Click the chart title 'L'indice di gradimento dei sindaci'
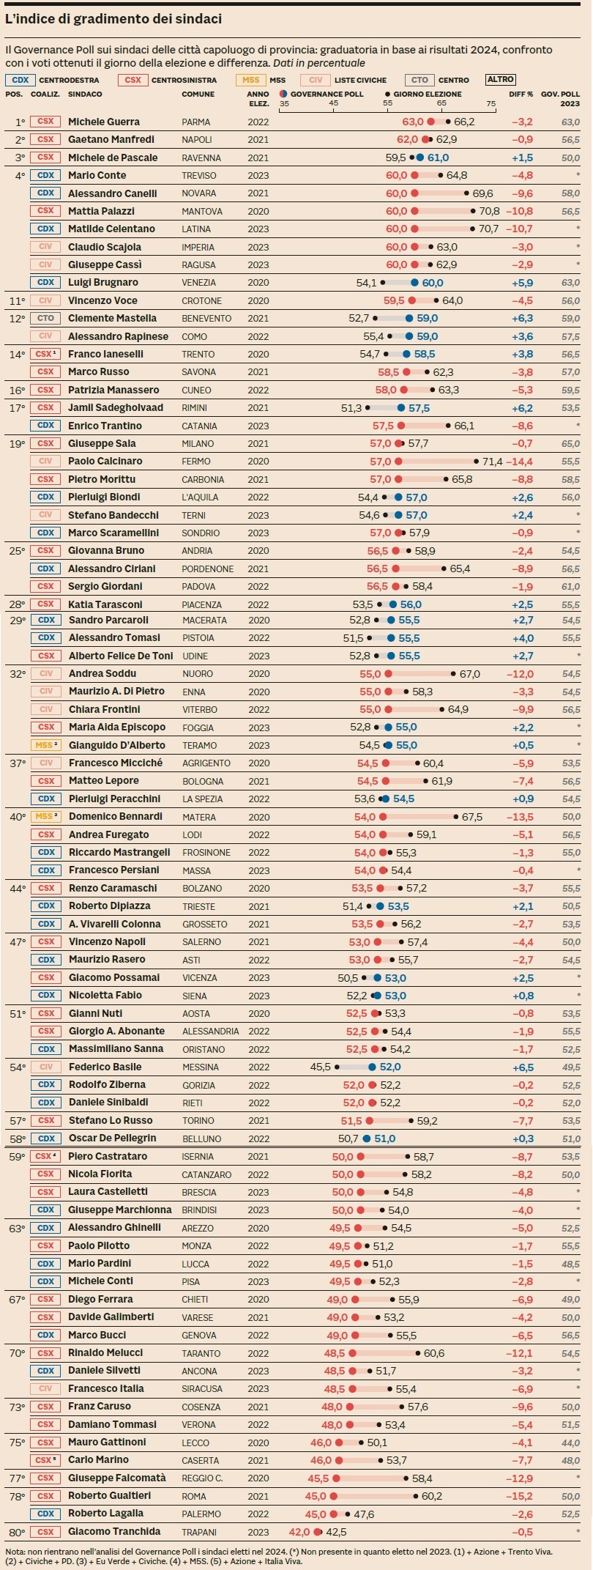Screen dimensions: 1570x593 pyautogui.click(x=113, y=19)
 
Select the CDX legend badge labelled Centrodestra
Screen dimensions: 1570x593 pyautogui.click(x=20, y=80)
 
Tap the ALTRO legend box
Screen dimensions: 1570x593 pyautogui.click(x=501, y=79)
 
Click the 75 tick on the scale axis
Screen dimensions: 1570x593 pyautogui.click(x=491, y=104)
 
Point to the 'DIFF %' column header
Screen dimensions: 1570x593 pyautogui.click(x=521, y=95)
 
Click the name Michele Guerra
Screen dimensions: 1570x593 pyautogui.click(x=103, y=122)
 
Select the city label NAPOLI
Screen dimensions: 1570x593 pyautogui.click(x=196, y=140)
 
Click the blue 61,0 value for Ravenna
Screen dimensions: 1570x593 pyautogui.click(x=438, y=158)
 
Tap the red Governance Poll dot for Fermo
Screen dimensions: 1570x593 pyautogui.click(x=398, y=462)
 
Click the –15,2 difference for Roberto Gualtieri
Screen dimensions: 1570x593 pyautogui.click(x=521, y=1496)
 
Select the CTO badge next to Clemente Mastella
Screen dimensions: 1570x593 pyautogui.click(x=45, y=318)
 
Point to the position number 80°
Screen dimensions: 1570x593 pyautogui.click(x=17, y=1532)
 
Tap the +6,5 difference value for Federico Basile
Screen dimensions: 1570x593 pyautogui.click(x=523, y=1067)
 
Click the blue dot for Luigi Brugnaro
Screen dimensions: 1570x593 pyautogui.click(x=414, y=283)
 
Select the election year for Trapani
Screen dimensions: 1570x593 pyautogui.click(x=258, y=1532)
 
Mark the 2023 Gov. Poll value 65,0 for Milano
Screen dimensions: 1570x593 pyautogui.click(x=570, y=443)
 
